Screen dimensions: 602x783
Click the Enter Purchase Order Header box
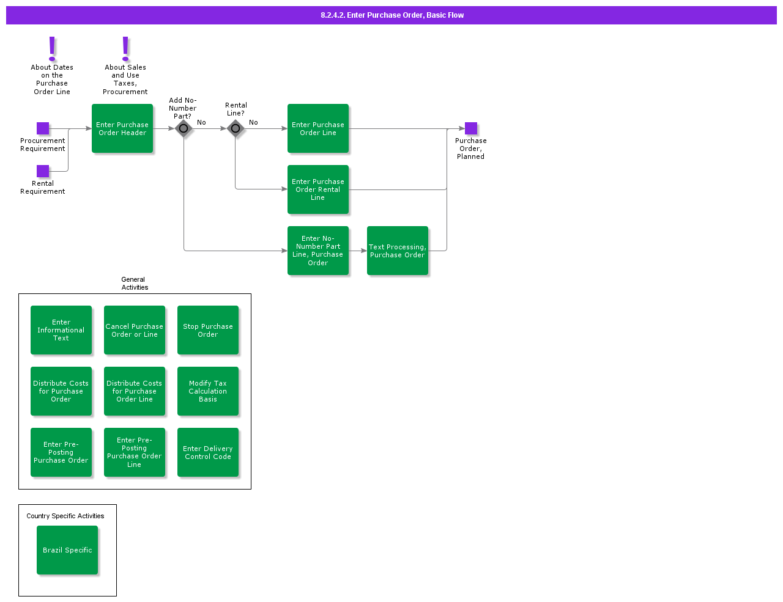pyautogui.click(x=122, y=128)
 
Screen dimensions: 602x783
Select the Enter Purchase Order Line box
pyautogui.click(x=318, y=128)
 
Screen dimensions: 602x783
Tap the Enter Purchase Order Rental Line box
pyautogui.click(x=318, y=189)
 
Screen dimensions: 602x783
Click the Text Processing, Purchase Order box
pyautogui.click(x=398, y=251)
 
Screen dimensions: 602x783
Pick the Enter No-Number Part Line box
pyautogui.click(x=318, y=251)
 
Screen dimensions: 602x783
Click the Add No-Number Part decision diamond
pyautogui.click(x=184, y=128)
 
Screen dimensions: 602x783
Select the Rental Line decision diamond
pyautogui.click(x=236, y=128)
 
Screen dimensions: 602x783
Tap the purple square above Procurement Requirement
pyautogui.click(x=43, y=128)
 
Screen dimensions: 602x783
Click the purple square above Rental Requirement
pyautogui.click(x=43, y=171)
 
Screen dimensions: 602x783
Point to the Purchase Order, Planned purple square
pyautogui.click(x=471, y=128)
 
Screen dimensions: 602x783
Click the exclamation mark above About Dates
pyautogui.click(x=52, y=48)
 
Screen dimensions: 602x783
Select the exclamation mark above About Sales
pyautogui.click(x=125, y=48)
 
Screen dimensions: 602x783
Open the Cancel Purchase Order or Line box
pyautogui.click(x=135, y=330)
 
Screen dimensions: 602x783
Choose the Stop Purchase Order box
pyautogui.click(x=208, y=330)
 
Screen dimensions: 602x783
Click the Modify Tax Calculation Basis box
pyautogui.click(x=208, y=391)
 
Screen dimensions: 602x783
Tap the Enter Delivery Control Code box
pyautogui.click(x=208, y=452)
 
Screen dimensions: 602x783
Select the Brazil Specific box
pyautogui.click(x=67, y=550)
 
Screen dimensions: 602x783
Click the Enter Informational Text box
pyautogui.click(x=61, y=330)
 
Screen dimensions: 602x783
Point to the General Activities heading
pyautogui.click(x=134, y=284)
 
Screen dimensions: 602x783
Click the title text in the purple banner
pyautogui.click(x=392, y=15)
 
